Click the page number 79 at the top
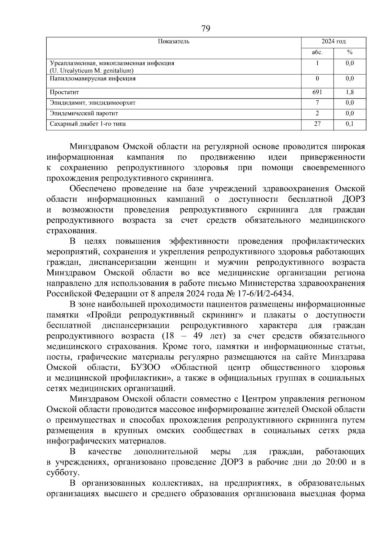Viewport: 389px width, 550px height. [206, 29]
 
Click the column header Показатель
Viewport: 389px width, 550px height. [173, 41]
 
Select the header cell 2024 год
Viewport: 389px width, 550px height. [333, 41]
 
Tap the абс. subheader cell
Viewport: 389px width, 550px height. [317, 52]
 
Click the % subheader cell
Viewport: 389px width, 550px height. [349, 52]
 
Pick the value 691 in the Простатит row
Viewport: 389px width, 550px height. [317, 92]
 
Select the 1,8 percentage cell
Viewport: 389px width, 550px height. [349, 92]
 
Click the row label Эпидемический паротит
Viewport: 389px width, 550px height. [84, 113]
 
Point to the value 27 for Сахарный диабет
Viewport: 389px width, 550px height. [317, 124]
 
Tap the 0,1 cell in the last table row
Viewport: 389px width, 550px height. [349, 124]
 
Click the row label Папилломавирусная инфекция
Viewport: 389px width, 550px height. [92, 79]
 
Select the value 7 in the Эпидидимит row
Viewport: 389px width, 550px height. [317, 103]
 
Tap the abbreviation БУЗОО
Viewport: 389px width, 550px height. [146, 368]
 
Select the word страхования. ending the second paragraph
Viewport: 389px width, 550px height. [71, 231]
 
